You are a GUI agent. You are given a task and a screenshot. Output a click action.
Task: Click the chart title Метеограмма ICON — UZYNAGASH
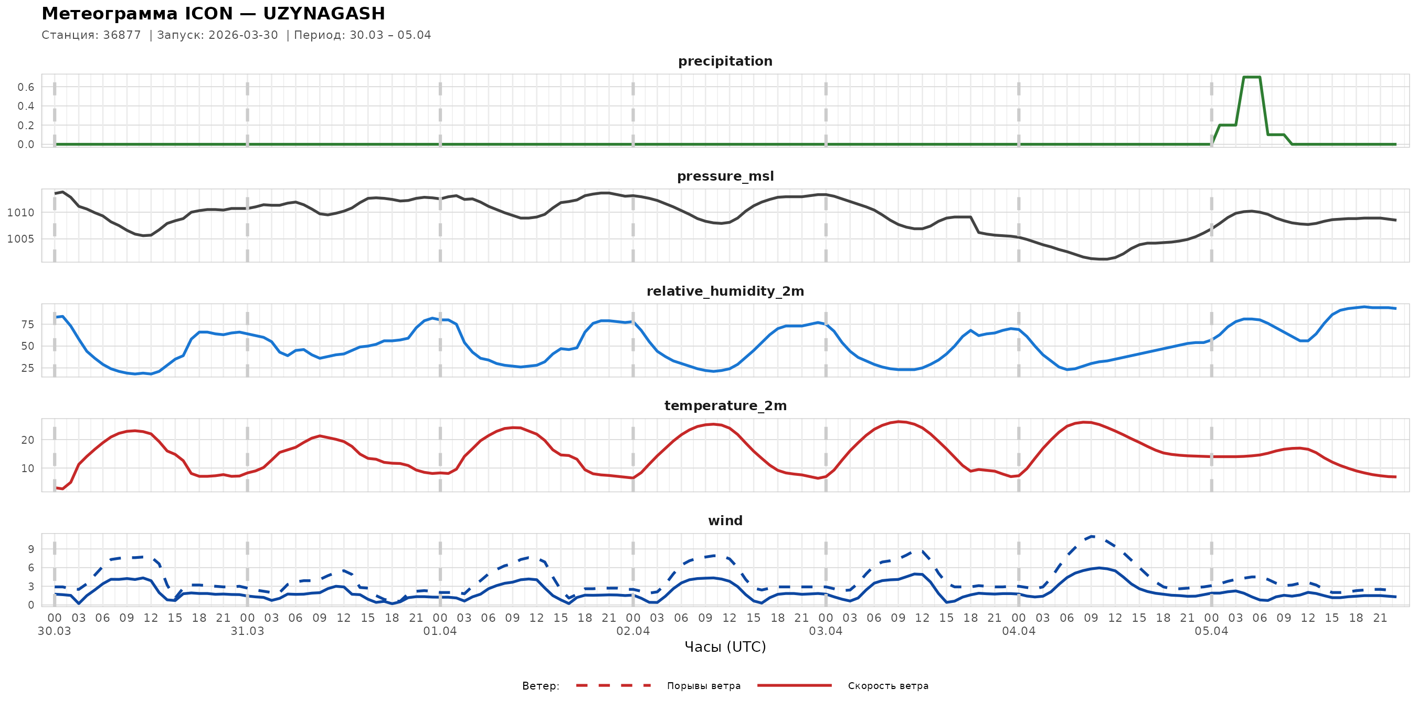(x=214, y=13)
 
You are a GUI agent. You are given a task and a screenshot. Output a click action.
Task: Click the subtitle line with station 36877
(x=236, y=35)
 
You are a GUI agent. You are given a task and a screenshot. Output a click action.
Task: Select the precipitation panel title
(x=724, y=61)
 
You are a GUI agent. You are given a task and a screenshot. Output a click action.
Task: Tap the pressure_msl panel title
(x=724, y=176)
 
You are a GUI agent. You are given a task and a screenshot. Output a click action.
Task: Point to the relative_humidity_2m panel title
(x=724, y=291)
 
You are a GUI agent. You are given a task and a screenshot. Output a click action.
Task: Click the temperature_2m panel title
(x=724, y=405)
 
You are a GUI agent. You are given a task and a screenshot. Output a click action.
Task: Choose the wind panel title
(x=724, y=521)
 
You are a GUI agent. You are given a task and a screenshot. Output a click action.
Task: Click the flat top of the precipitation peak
(x=1252, y=77)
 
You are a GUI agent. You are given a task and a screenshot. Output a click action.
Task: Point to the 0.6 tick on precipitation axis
(x=25, y=87)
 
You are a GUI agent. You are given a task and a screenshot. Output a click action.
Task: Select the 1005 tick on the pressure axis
(x=20, y=239)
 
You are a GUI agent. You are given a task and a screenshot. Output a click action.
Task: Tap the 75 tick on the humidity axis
(x=27, y=325)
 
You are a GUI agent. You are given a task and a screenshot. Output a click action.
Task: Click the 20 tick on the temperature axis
(x=27, y=440)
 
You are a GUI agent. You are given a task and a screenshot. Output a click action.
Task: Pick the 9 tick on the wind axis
(x=31, y=549)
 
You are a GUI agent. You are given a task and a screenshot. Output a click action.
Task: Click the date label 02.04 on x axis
(x=632, y=631)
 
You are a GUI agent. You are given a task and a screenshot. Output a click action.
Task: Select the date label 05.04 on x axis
(x=1211, y=631)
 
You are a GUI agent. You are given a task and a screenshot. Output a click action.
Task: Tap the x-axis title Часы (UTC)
(x=724, y=647)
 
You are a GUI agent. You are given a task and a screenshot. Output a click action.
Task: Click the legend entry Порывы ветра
(x=703, y=686)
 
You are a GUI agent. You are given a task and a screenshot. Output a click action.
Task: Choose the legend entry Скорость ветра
(x=887, y=686)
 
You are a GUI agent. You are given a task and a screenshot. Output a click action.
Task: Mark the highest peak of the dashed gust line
(x=1092, y=536)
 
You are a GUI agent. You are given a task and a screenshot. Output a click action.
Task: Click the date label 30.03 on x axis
(x=55, y=631)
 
